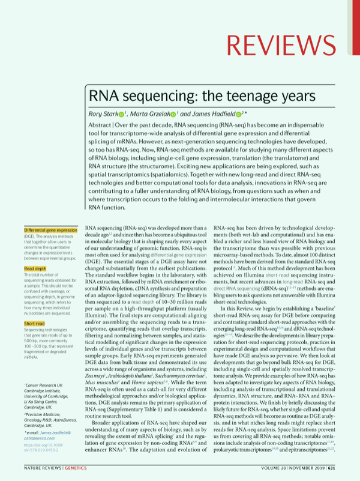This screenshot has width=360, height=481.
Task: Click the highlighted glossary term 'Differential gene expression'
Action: [50, 230]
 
